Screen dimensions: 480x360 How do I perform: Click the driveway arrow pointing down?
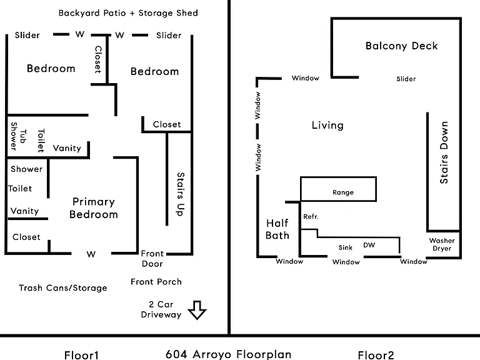(197, 311)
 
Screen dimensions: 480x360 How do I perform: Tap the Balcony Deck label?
(402, 46)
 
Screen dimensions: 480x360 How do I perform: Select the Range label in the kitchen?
(343, 192)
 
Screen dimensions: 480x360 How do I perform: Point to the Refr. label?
(311, 217)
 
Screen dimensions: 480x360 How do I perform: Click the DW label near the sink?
(369, 245)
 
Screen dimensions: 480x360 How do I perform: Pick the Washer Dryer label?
(442, 244)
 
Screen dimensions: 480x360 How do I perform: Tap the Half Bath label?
(277, 229)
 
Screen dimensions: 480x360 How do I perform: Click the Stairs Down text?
(444, 152)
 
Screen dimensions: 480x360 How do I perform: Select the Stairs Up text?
(180, 194)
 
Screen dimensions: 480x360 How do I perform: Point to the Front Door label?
(152, 259)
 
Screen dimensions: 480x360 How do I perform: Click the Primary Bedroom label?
(94, 208)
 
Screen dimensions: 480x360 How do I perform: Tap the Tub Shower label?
(18, 136)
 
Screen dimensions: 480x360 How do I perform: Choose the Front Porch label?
(156, 282)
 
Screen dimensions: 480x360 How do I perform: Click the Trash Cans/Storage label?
(63, 287)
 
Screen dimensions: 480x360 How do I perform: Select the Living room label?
(327, 125)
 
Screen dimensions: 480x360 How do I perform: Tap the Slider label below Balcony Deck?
(406, 79)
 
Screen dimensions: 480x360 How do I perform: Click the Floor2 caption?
(376, 355)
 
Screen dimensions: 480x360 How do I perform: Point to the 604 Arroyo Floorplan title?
(228, 354)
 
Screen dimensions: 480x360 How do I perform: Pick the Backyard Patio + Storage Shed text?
(128, 13)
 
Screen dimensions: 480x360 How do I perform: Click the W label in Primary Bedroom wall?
(91, 254)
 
